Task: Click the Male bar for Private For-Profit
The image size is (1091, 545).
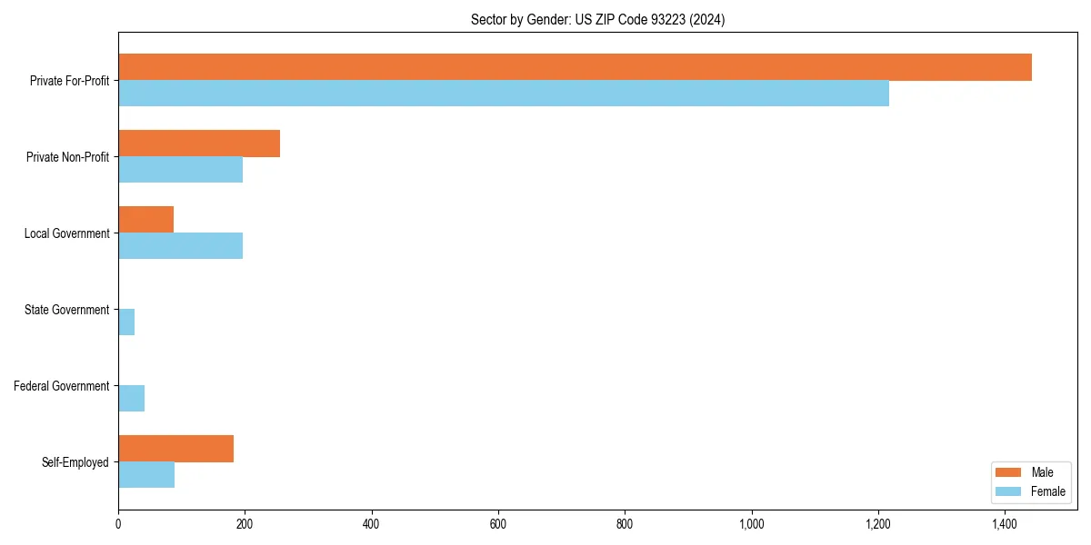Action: (x=575, y=67)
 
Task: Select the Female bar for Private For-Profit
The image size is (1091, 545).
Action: (x=504, y=94)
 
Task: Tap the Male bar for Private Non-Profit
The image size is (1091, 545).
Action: (x=199, y=144)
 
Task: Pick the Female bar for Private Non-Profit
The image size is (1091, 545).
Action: (x=180, y=170)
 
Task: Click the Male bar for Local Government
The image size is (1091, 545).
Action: (x=145, y=220)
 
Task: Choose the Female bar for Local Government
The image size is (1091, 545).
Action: (x=180, y=246)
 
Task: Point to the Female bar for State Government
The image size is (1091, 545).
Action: (x=126, y=322)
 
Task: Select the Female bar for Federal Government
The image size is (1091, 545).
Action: (x=131, y=399)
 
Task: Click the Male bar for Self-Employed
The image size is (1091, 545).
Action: (x=175, y=449)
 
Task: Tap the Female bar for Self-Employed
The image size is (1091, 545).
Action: (x=146, y=475)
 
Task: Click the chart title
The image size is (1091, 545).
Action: (x=597, y=19)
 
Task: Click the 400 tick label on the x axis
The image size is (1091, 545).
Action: (x=371, y=524)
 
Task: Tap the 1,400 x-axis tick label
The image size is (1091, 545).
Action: (x=1004, y=524)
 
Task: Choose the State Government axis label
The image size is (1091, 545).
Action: (x=66, y=310)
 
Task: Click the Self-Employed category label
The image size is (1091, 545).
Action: (x=75, y=462)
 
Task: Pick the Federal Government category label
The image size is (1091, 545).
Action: (x=61, y=386)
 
